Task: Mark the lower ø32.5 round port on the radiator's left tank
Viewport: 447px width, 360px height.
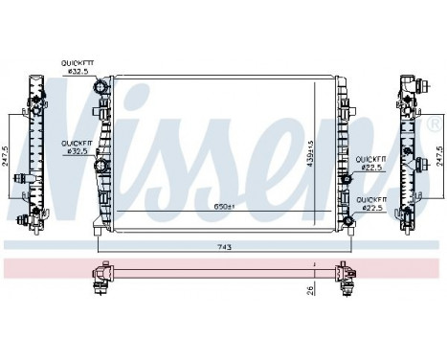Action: tap(101, 170)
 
